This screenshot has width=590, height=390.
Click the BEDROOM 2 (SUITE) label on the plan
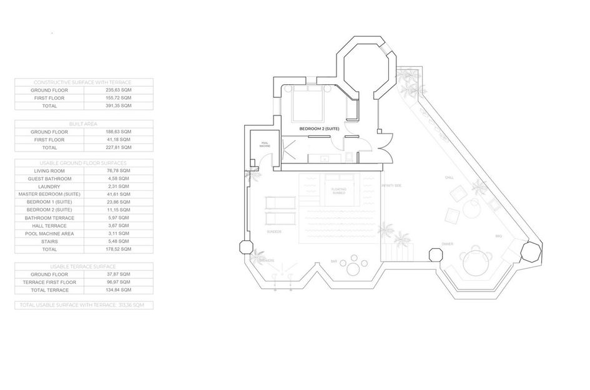click(x=318, y=129)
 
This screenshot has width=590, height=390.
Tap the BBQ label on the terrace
click(x=498, y=236)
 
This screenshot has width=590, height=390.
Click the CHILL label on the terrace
click(x=448, y=178)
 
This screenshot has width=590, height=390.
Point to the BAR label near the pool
click(x=333, y=261)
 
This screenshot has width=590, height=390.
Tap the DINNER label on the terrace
click(x=447, y=244)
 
